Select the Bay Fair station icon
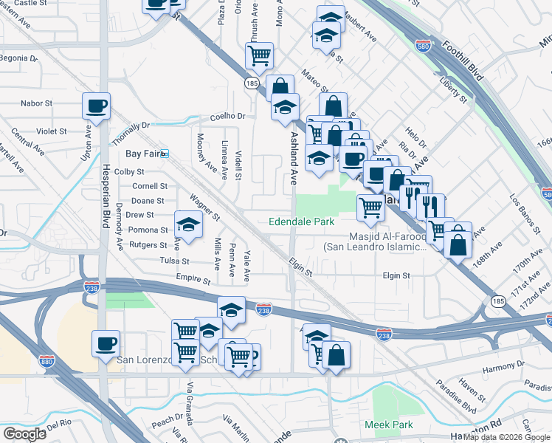[165, 154]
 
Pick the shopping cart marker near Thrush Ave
[259, 55]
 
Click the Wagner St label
[204, 207]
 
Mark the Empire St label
[193, 281]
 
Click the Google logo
[24, 434]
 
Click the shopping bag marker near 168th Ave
[458, 242]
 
